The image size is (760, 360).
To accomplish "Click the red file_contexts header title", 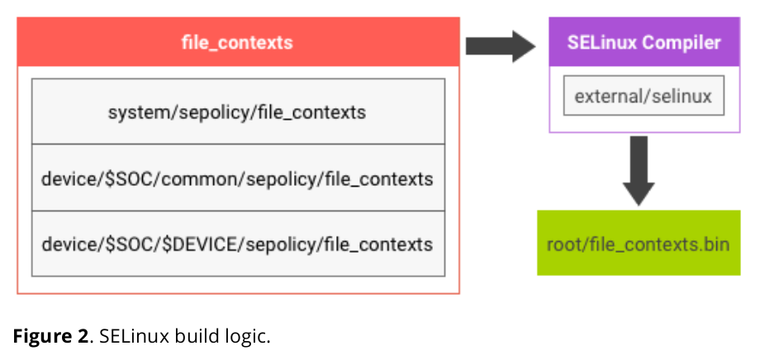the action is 237,43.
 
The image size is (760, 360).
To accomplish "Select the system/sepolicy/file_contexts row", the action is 238,111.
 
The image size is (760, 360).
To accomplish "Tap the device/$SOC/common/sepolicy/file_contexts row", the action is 238,178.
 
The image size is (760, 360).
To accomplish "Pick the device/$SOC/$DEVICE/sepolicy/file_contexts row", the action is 238,244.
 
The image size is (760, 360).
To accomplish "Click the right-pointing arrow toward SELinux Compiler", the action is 501,46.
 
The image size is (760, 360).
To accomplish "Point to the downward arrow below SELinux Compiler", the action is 639,171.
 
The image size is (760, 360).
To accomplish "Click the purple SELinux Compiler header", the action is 644,42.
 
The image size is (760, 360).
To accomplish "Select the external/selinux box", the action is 644,96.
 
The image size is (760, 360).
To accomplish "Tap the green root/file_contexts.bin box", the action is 639,243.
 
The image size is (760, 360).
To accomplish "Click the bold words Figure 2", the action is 51,336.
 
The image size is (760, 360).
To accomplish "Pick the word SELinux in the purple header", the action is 602,42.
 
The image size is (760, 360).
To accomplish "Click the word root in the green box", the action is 561,244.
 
